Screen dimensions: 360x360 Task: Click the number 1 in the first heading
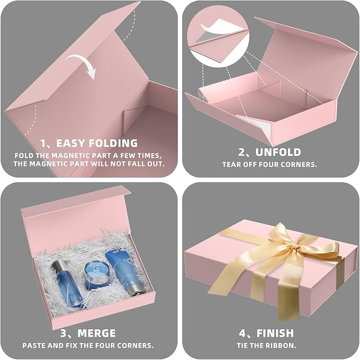point(44,143)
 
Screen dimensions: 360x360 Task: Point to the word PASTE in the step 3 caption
point(34,345)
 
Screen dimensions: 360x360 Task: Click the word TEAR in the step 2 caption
point(232,164)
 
